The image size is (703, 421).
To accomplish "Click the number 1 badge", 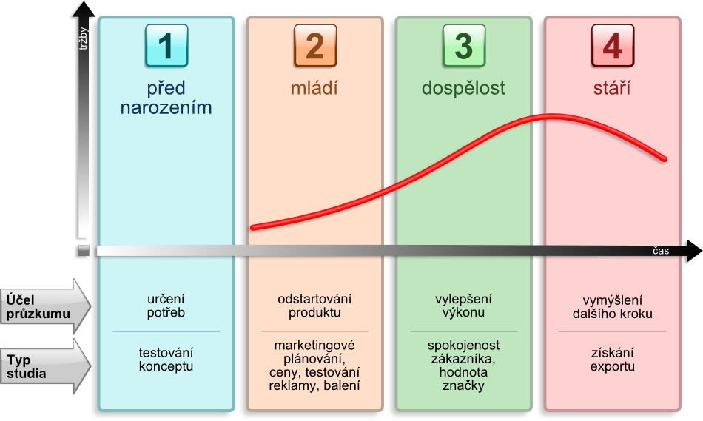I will click(x=166, y=46).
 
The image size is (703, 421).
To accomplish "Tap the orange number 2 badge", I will click(x=314, y=46).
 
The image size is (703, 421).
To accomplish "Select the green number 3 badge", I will click(x=463, y=46).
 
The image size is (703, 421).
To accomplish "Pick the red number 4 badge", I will click(x=612, y=46).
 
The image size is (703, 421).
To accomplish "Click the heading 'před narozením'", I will click(x=166, y=98).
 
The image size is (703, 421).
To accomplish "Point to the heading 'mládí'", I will click(x=314, y=89).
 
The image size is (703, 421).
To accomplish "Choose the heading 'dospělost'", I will click(x=463, y=89).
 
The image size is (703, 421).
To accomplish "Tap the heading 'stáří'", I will click(x=612, y=89).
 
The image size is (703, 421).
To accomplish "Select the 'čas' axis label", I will click(x=661, y=251).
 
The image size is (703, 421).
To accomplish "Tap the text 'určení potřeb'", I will click(x=166, y=306).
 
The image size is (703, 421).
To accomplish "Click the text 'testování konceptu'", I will click(x=166, y=360).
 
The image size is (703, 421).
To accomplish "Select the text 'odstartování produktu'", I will click(x=314, y=306).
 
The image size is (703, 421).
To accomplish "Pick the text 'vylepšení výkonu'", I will click(x=463, y=306).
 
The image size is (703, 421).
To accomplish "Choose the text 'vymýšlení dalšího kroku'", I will click(x=612, y=306).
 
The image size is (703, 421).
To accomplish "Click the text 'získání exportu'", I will click(x=612, y=360).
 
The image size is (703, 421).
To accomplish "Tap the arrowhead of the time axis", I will click(x=692, y=252).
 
